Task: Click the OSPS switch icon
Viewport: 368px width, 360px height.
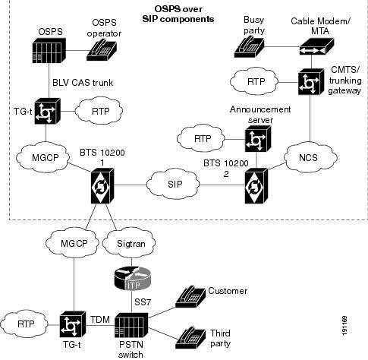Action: (49, 50)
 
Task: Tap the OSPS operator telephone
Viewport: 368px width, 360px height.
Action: (102, 50)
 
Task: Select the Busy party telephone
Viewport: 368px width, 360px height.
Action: (249, 46)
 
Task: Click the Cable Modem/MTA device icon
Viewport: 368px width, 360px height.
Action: (316, 46)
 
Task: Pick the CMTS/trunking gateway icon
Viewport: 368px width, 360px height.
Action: (311, 82)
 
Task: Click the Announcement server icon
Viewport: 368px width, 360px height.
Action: (258, 139)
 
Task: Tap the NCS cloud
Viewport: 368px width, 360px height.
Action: (310, 157)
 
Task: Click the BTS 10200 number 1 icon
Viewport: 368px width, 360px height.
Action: (102, 186)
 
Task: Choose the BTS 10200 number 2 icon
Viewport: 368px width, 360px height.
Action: (256, 186)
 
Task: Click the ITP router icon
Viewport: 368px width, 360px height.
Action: (133, 279)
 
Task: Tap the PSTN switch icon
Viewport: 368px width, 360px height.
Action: (131, 325)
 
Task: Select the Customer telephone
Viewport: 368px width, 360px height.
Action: (190, 297)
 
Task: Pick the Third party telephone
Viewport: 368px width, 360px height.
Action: (190, 338)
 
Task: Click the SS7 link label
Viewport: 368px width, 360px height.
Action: (143, 302)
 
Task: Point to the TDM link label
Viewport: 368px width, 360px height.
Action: (100, 320)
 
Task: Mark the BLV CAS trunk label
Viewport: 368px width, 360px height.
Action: (83, 83)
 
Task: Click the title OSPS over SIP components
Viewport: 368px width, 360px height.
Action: (178, 14)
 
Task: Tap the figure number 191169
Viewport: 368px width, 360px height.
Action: (344, 326)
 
